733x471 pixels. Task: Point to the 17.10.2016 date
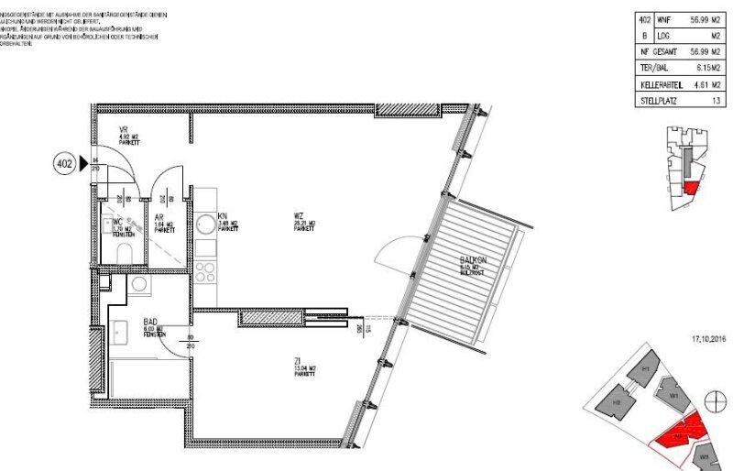pos(707,339)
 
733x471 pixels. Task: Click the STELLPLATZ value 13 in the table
pos(714,101)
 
